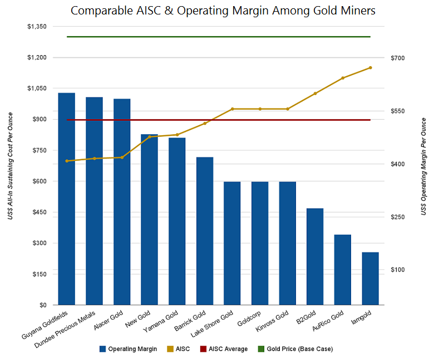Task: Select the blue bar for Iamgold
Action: tap(370, 278)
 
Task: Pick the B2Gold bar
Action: tap(315, 257)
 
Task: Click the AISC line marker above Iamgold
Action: tap(370, 68)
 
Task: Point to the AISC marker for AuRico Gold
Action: tap(343, 78)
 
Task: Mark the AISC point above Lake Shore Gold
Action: tap(232, 109)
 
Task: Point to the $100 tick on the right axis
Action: tap(397, 270)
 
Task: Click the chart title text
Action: tap(223, 10)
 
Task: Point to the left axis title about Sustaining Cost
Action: tap(11, 165)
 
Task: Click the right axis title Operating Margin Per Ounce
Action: tap(423, 167)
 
